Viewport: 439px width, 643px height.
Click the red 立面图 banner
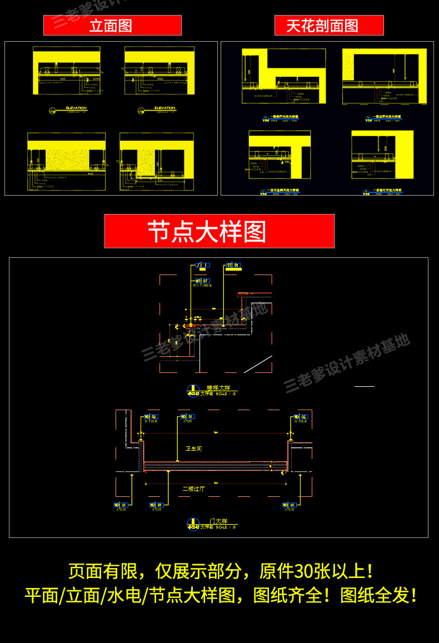point(112,26)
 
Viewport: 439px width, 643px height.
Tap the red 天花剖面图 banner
point(328,26)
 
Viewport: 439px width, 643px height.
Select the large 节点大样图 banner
point(219,231)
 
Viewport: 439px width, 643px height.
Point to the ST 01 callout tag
point(233,266)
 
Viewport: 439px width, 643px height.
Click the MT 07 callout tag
point(202,281)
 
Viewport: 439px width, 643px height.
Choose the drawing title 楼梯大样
point(218,388)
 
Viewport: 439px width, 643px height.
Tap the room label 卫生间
point(193,448)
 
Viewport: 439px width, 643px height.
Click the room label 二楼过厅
point(193,489)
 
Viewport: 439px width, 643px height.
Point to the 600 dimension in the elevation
point(160,79)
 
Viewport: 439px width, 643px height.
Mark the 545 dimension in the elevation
point(63,79)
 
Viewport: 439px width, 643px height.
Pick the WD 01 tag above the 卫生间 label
point(186,416)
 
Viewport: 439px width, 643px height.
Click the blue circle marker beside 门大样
point(193,524)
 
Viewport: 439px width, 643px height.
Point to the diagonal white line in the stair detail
point(257,364)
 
